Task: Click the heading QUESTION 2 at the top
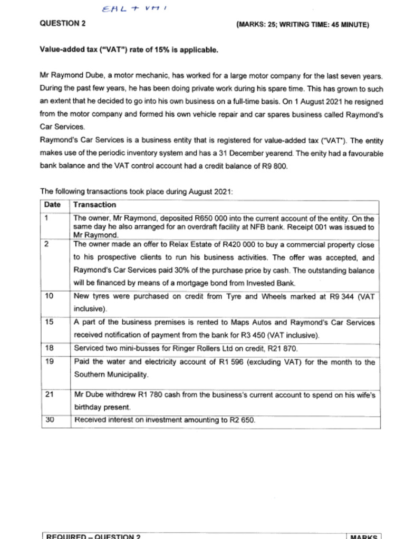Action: (x=63, y=23)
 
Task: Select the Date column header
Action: (x=52, y=205)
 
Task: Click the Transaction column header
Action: (x=95, y=205)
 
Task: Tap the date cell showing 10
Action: (x=49, y=296)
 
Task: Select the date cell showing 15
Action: (x=49, y=322)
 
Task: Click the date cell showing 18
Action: (x=49, y=348)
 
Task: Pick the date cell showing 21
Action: (x=49, y=394)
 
